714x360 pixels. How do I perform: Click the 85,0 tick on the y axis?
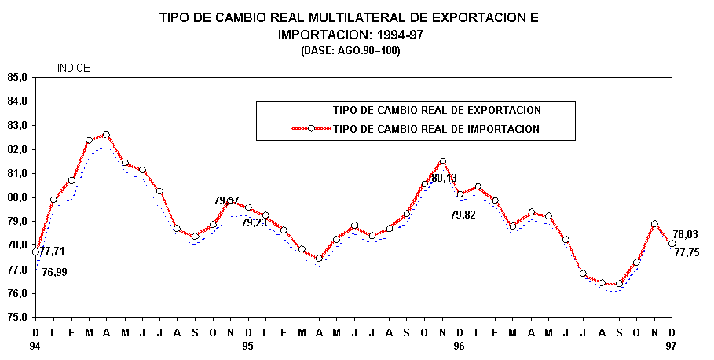[x=17, y=77]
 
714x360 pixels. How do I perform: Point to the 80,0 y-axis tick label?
[x=17, y=197]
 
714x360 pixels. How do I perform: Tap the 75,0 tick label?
[x=17, y=318]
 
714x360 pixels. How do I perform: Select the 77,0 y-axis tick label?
[x=17, y=270]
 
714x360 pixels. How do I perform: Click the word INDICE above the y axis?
[x=74, y=68]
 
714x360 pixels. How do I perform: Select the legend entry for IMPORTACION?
[x=436, y=128]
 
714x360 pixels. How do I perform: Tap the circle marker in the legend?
[x=311, y=128]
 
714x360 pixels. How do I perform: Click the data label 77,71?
[x=53, y=252]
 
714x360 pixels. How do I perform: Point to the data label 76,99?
[x=55, y=272]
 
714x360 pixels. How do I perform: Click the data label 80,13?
[x=444, y=178]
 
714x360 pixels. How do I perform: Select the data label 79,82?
[x=463, y=215]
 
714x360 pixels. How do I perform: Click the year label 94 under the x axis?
[x=35, y=345]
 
